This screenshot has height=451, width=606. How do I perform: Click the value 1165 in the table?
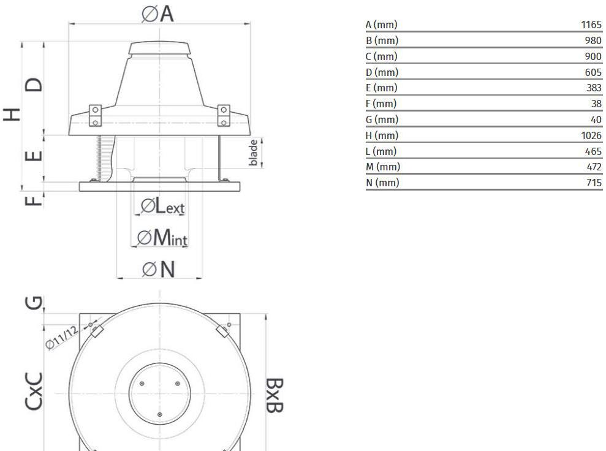591,25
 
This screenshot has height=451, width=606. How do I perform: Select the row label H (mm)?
382,135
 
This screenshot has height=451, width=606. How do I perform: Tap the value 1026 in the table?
591,135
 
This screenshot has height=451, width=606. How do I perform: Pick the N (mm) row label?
382,183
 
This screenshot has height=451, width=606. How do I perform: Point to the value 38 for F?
596,104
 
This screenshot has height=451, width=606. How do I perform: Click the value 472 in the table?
594,167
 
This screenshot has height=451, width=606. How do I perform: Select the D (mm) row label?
382,72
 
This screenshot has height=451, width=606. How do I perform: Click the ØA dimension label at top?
157,14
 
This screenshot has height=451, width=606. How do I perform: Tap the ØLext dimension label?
163,206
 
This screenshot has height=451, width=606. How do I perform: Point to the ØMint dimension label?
162,237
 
